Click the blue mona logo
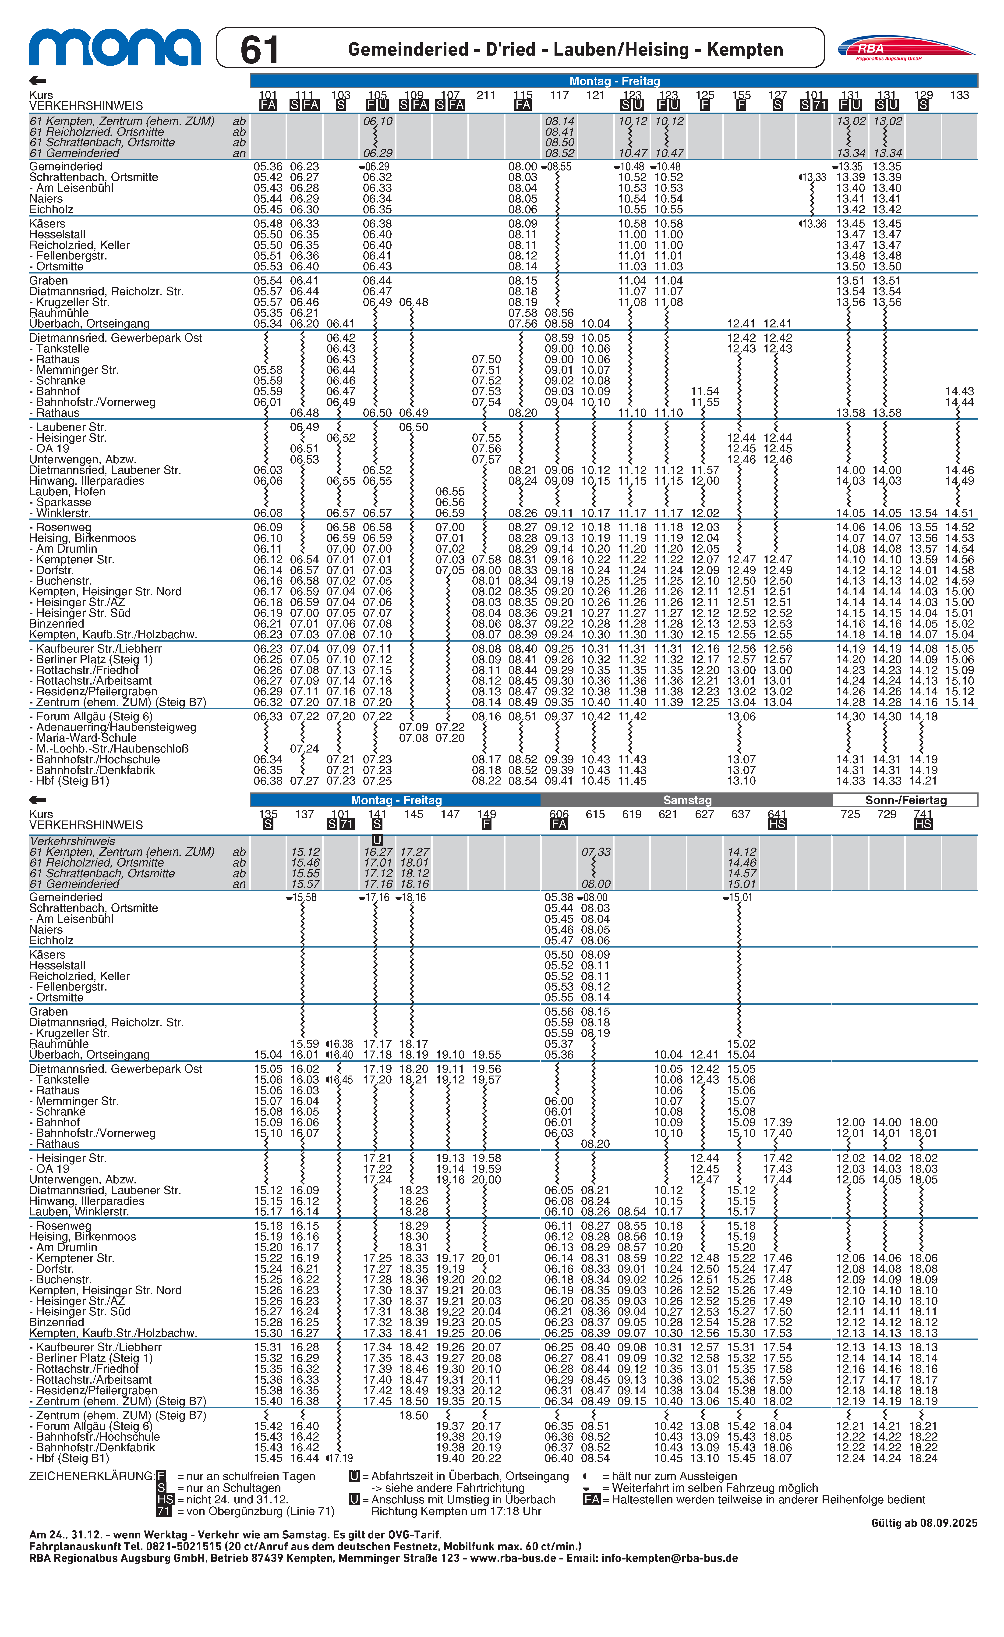point(114,48)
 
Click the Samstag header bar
point(687,800)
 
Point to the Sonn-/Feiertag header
point(905,800)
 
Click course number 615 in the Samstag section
point(595,814)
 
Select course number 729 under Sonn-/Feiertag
point(887,814)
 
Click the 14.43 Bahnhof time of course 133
point(959,391)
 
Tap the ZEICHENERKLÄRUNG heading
point(92,1476)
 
